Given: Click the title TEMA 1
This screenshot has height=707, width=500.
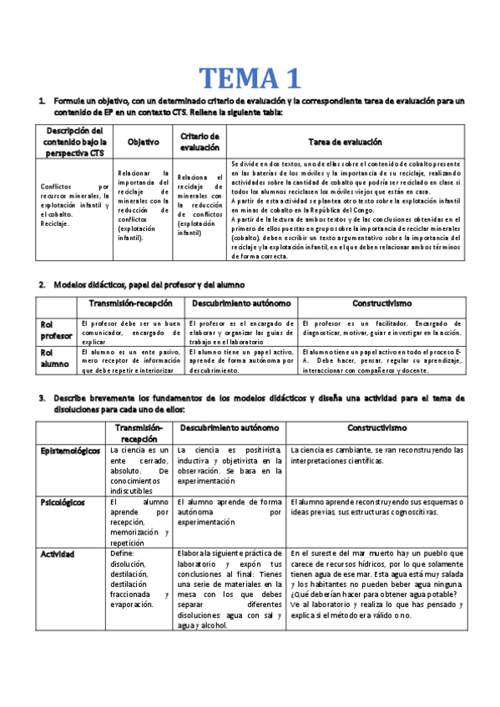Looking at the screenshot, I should pos(249,78).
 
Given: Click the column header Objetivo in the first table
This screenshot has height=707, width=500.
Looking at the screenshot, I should pos(143,142).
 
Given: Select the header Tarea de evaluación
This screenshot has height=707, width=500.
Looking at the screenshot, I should pos(345,142).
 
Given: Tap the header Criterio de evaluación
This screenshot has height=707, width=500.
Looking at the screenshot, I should pos(199,142).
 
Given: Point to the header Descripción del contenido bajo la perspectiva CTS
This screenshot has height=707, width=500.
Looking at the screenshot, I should pos(74,143).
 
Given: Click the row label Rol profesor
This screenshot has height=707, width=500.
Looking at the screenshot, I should pos(57,329).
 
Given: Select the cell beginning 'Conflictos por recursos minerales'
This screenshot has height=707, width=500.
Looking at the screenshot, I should pos(74,205).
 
